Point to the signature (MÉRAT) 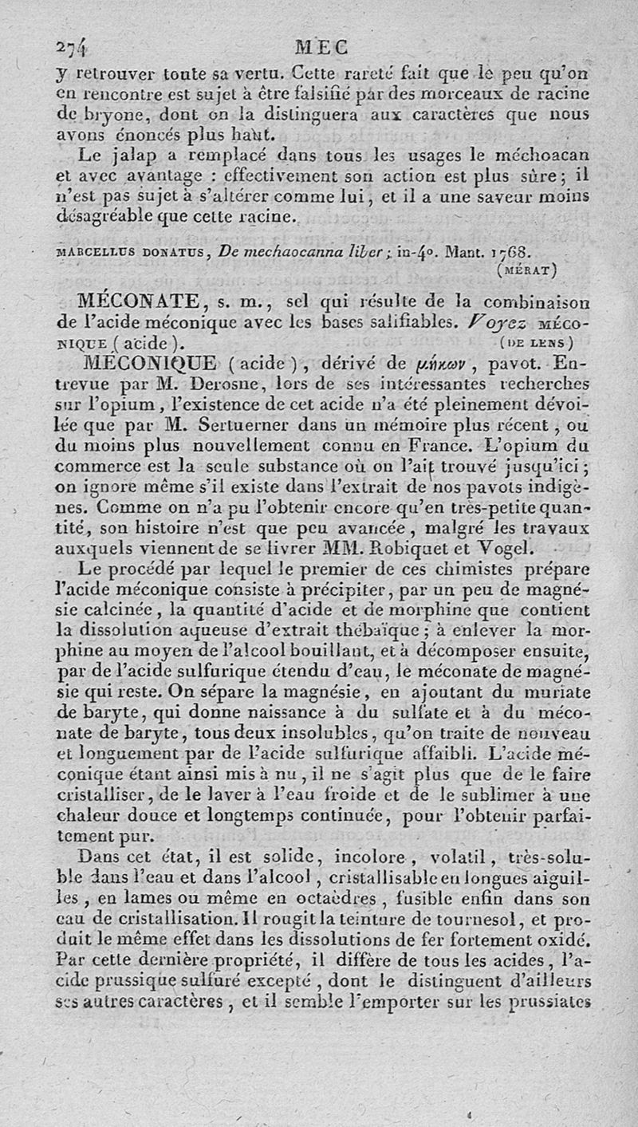coord(526,269)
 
